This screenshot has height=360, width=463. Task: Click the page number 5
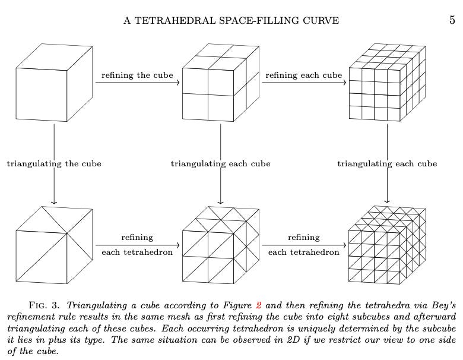pyautogui.click(x=452, y=20)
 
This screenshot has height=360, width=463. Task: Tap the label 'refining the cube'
pyautogui.click(x=137, y=75)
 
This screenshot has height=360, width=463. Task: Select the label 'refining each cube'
pyautogui.click(x=303, y=75)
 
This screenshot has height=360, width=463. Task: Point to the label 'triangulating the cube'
pyautogui.click(x=54, y=163)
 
